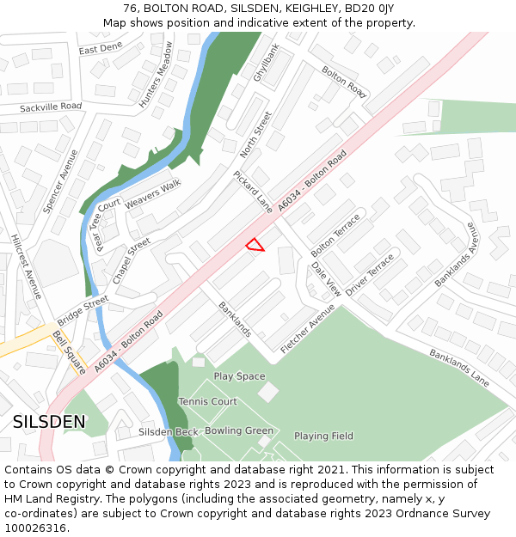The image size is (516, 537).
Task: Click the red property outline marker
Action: click(x=255, y=246)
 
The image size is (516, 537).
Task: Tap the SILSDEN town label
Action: click(x=49, y=422)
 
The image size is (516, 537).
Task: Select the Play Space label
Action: click(x=239, y=376)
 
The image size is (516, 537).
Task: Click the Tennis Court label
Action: click(x=208, y=402)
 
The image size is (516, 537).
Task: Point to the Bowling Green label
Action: click(x=239, y=430)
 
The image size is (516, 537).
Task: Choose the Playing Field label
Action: click(x=323, y=436)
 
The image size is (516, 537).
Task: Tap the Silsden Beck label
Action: click(x=169, y=431)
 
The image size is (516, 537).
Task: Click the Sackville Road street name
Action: click(x=51, y=107)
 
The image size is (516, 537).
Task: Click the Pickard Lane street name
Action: click(x=253, y=192)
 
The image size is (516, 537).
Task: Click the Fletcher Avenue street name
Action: click(x=307, y=329)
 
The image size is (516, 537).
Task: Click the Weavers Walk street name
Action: click(x=152, y=194)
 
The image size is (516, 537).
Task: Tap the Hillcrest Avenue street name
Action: click(x=26, y=267)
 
